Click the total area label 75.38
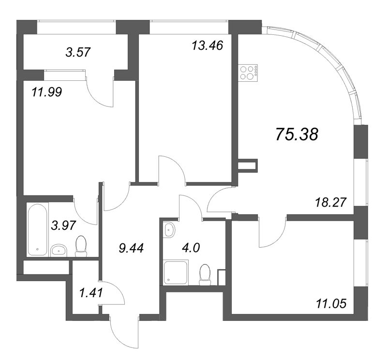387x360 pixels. pyautogui.click(x=297, y=135)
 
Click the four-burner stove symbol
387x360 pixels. pyautogui.click(x=248, y=72)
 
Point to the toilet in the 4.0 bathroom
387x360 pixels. pyautogui.click(x=205, y=273)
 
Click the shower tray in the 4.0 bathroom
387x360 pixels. pyautogui.click(x=173, y=272)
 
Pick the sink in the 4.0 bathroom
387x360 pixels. pyautogui.click(x=168, y=230)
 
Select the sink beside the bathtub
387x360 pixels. pyautogui.click(x=60, y=250)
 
